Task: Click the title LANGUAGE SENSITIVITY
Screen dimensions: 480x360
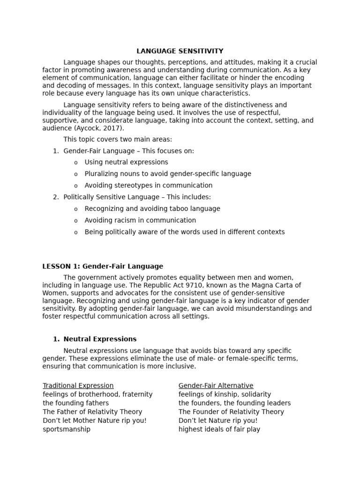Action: pyautogui.click(x=180, y=51)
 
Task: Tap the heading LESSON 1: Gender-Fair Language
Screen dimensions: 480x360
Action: pyautogui.click(x=103, y=266)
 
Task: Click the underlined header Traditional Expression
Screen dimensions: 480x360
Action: pyautogui.click(x=78, y=385)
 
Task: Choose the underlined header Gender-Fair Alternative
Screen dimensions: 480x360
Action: pyautogui.click(x=216, y=385)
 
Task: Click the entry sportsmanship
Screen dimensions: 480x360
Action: pyautogui.click(x=67, y=429)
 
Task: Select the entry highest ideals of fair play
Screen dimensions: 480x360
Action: pyautogui.click(x=219, y=429)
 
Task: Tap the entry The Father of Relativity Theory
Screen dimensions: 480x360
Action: pyautogui.click(x=92, y=412)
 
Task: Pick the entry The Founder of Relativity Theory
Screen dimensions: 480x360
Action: pyautogui.click(x=231, y=412)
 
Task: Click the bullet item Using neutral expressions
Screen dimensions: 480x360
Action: pyautogui.click(x=126, y=162)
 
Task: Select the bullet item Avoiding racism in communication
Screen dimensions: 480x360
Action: pyautogui.click(x=140, y=220)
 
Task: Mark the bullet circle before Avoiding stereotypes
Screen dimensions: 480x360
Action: pyautogui.click(x=76, y=186)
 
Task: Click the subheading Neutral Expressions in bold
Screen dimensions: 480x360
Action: pyautogui.click(x=100, y=339)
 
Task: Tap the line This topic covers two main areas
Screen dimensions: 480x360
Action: pyautogui.click(x=118, y=139)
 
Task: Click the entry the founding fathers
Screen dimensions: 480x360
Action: pyautogui.click(x=75, y=403)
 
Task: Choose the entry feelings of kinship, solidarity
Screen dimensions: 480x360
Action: pyautogui.click(x=225, y=394)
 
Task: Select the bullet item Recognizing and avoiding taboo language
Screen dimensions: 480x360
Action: pyautogui.click(x=152, y=209)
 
